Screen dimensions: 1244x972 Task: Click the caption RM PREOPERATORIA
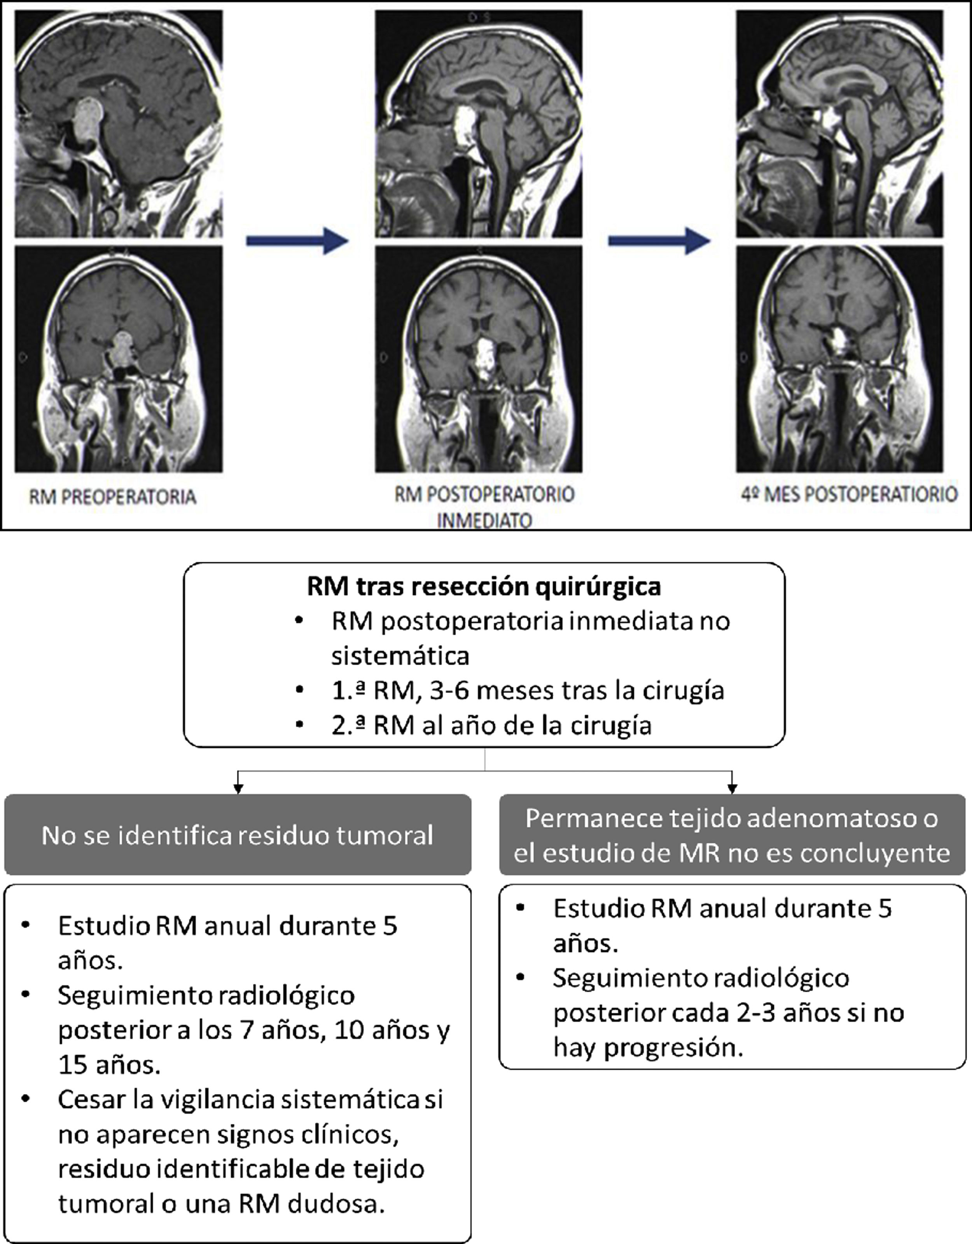[x=112, y=497]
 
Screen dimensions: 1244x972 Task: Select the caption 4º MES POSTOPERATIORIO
[x=849, y=494]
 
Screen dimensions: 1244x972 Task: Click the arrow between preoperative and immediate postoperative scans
[x=296, y=240]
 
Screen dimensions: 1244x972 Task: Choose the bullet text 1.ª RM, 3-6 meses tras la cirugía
[x=527, y=690]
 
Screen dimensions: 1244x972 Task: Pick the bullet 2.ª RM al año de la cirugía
[x=491, y=725]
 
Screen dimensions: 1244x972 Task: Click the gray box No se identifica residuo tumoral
[x=238, y=835]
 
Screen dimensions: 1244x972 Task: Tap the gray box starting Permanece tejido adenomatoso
[x=732, y=835]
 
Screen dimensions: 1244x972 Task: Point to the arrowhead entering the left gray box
[x=238, y=789]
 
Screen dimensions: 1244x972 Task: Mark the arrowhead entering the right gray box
[x=732, y=789]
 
